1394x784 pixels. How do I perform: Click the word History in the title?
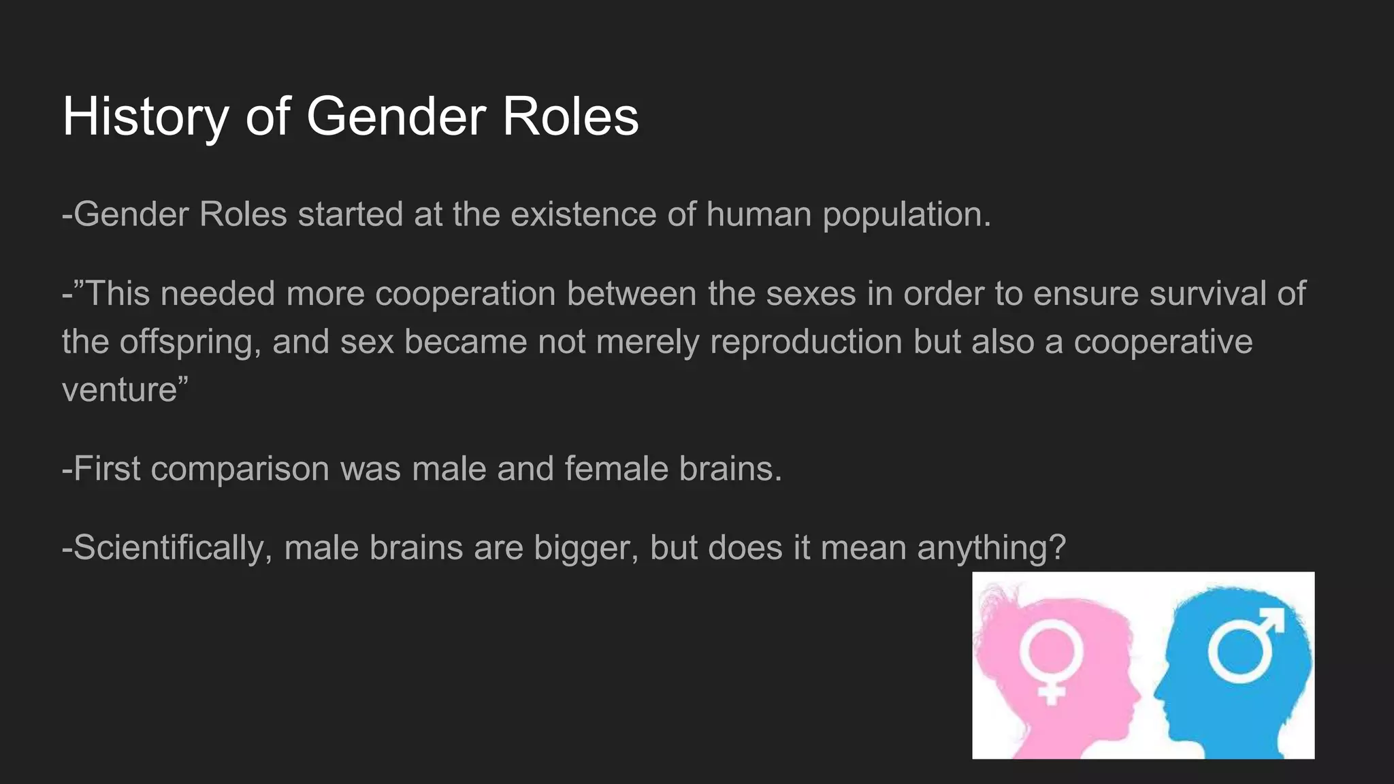pos(145,117)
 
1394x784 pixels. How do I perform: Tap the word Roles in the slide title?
pos(570,117)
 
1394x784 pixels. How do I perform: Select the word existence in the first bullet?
pos(583,214)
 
